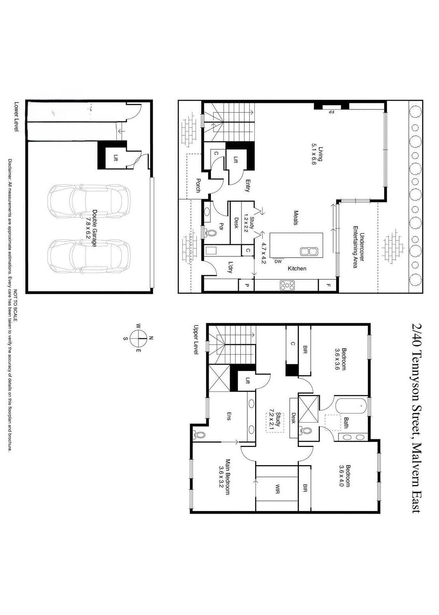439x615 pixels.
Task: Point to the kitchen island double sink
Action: [x=309, y=251]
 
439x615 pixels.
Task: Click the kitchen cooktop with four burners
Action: [x=287, y=285]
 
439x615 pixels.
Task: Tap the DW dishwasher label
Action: [x=278, y=262]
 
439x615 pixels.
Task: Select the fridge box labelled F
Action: [x=327, y=285]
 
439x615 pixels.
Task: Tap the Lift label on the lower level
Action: [x=116, y=158]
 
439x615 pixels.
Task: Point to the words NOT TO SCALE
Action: [x=16, y=305]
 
